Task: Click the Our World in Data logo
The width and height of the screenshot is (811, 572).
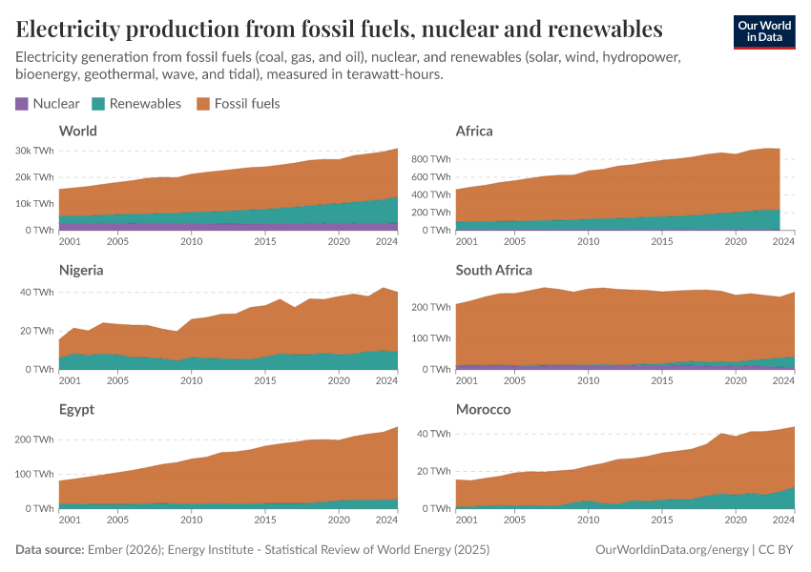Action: pyautogui.click(x=763, y=31)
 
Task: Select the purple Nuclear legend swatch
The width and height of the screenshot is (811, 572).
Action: pyautogui.click(x=22, y=104)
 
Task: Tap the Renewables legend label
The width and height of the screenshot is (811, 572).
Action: pyautogui.click(x=145, y=104)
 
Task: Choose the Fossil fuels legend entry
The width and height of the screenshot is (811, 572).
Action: pyautogui.click(x=247, y=104)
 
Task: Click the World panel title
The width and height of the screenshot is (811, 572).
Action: pyautogui.click(x=77, y=131)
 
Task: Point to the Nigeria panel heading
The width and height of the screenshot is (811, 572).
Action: pyautogui.click(x=81, y=270)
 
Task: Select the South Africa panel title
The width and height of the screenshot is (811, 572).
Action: pyautogui.click(x=494, y=270)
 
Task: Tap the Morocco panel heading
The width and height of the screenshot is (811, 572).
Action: pyautogui.click(x=483, y=409)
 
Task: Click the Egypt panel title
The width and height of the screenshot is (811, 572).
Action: pyautogui.click(x=77, y=409)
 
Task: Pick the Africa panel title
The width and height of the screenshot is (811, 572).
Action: pyautogui.click(x=474, y=131)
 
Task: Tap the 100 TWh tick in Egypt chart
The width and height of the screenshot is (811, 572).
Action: pyautogui.click(x=33, y=474)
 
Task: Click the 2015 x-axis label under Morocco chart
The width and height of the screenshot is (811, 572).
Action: pyautogui.click(x=661, y=520)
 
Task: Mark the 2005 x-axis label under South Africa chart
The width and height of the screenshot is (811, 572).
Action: pyautogui.click(x=514, y=380)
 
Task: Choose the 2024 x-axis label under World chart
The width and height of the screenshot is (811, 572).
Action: pyautogui.click(x=386, y=241)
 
